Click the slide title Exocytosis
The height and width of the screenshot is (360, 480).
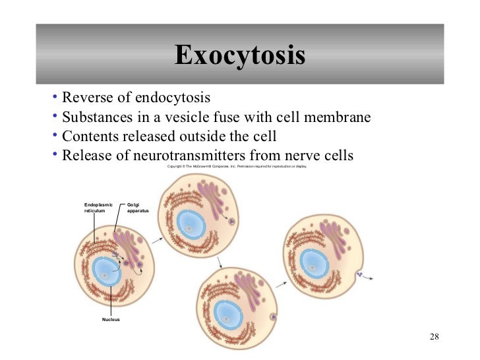pyautogui.click(x=240, y=56)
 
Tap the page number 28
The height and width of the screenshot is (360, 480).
pyautogui.click(x=433, y=338)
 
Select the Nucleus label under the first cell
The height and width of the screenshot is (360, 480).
pyautogui.click(x=111, y=319)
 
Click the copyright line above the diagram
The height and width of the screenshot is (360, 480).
pyautogui.click(x=237, y=167)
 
